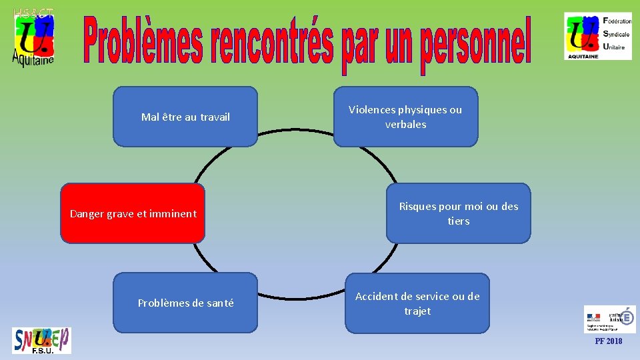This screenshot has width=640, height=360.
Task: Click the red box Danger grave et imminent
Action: coord(133,213)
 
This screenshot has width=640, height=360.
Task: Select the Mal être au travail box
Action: coord(185,117)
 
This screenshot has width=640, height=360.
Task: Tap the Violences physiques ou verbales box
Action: coord(405,117)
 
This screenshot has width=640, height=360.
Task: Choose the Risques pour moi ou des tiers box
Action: coord(459,213)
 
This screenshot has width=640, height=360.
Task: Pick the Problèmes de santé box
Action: coord(185,303)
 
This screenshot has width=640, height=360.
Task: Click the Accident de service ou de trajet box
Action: coord(417,303)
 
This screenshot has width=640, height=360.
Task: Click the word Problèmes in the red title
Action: coord(143,41)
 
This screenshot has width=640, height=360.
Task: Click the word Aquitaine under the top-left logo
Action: coord(33,58)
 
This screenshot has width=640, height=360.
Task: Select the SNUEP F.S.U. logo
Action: coord(41,341)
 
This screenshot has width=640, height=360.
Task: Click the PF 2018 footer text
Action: coord(609,341)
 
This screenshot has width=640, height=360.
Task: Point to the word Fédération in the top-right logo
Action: coord(617,21)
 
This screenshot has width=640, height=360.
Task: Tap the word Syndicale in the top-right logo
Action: coord(617,33)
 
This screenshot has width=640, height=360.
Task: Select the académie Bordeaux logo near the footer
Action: coord(609,319)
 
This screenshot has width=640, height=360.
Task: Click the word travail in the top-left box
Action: coord(215,117)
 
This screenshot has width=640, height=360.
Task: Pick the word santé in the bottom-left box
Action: coord(220,303)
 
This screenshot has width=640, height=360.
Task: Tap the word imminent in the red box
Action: coord(174,213)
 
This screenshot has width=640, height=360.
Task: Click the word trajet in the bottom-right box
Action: coord(417,311)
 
